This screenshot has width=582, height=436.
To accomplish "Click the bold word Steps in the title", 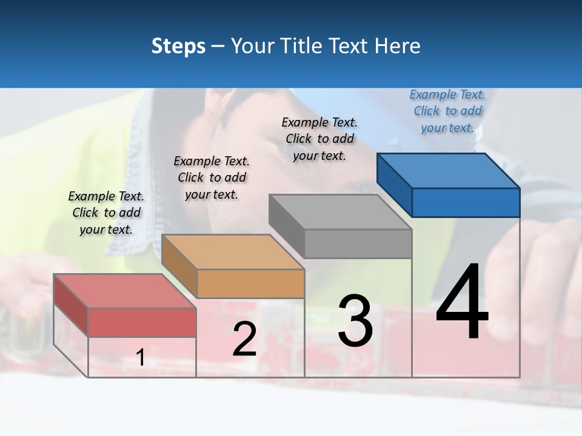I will pos(178,46).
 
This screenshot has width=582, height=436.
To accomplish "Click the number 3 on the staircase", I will pos(355,322).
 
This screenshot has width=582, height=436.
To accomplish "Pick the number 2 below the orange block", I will pos(245,339).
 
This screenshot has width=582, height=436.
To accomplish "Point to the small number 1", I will pos(140,357).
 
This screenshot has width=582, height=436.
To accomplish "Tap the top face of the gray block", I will pos(339,212).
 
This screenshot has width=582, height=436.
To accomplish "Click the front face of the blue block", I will pos(466,202).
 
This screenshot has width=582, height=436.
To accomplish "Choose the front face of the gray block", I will pos(358,243).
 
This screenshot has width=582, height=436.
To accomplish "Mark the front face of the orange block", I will pos(250,283).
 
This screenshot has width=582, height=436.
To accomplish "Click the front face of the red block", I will pos(142,322).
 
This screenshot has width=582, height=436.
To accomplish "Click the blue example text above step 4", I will pos(447,111).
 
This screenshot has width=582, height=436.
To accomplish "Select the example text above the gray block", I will pos(319,139).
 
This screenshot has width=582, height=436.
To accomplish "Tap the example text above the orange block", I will pos(212,177).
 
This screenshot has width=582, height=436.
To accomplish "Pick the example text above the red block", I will pos(106,213).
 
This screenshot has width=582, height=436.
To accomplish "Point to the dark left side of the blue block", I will pos(394,183).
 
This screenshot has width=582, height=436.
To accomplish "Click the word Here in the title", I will pos(398,46).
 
